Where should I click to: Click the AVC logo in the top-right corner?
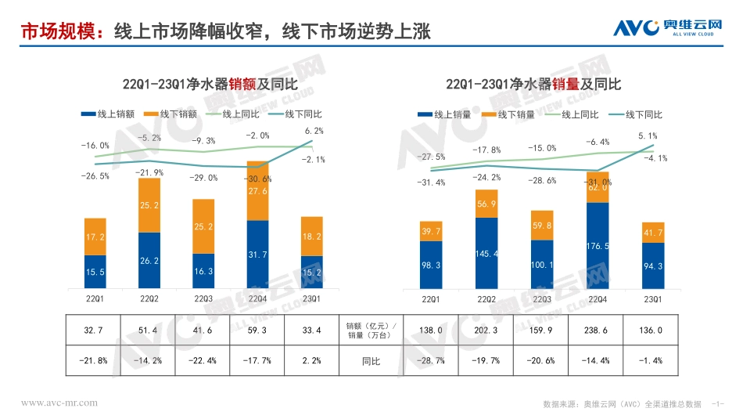click(x=666, y=29)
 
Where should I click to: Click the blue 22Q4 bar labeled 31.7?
click(x=257, y=254)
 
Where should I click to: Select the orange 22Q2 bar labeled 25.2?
click(x=149, y=205)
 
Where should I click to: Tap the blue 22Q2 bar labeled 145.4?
click(x=486, y=253)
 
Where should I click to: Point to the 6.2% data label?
click(x=314, y=131)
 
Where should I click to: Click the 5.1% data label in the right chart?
click(x=648, y=135)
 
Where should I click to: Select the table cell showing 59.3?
click(x=257, y=331)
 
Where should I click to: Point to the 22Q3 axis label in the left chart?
click(x=203, y=298)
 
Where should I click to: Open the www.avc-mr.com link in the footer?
click(x=59, y=403)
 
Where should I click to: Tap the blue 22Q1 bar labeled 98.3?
click(x=432, y=265)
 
